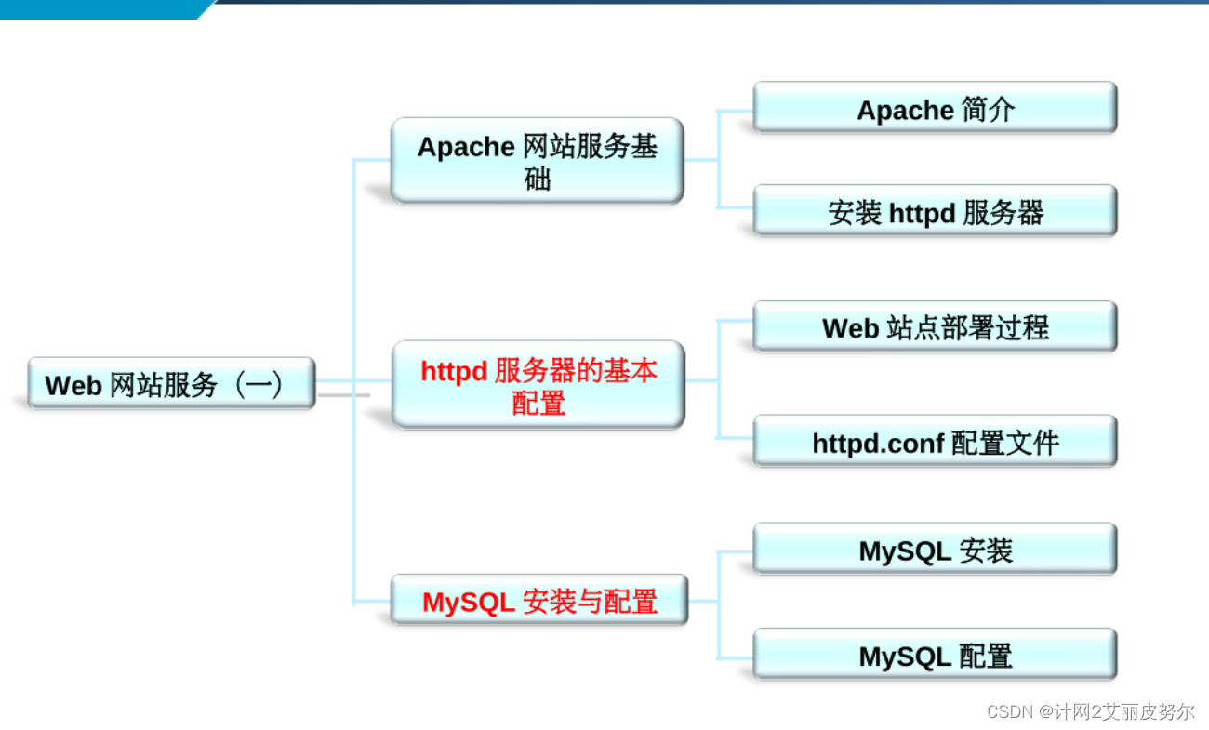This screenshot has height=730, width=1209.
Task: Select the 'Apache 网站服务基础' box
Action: (x=537, y=160)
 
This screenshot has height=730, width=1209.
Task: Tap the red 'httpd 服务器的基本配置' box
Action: (x=538, y=385)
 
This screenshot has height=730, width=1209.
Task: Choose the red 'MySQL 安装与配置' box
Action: (x=538, y=601)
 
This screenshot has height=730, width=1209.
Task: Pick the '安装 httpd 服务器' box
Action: (x=935, y=211)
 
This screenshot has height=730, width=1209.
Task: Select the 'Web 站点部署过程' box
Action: (x=935, y=326)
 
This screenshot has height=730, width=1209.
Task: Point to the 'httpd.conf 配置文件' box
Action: (x=935, y=442)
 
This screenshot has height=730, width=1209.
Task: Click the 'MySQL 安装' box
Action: (x=935, y=550)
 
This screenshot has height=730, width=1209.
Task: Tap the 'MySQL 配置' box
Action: (x=935, y=656)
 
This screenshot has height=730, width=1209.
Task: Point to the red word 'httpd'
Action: (x=454, y=370)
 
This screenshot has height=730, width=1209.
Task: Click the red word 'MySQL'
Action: (x=469, y=602)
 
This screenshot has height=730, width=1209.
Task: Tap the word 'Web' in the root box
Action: (x=73, y=385)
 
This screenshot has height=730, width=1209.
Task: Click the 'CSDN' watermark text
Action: (x=1010, y=711)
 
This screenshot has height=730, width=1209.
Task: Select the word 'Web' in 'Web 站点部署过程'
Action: (x=850, y=327)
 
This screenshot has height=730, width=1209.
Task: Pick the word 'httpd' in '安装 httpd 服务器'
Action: (x=922, y=213)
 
